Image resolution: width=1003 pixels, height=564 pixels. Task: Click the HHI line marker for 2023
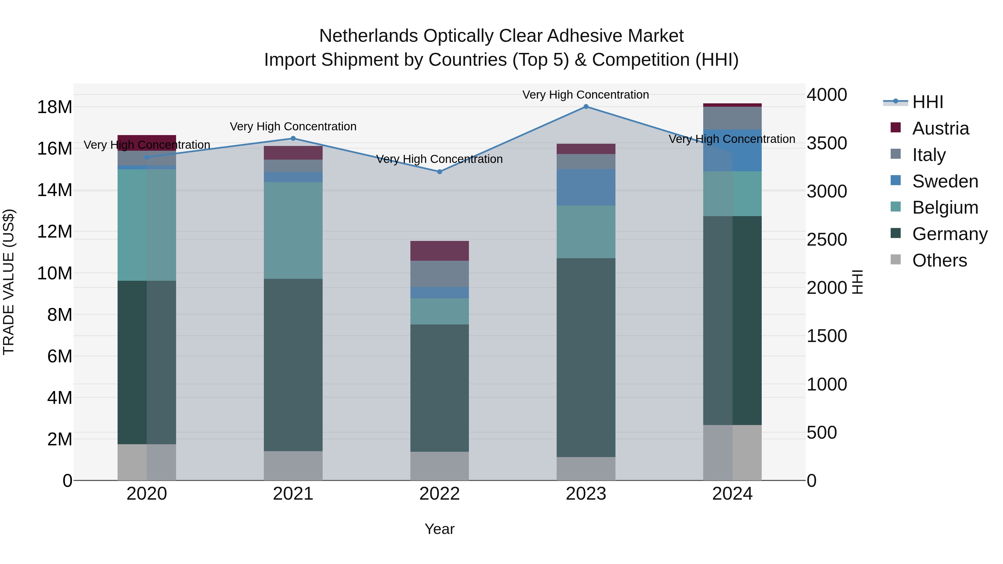(x=586, y=107)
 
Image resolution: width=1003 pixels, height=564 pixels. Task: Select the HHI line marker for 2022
(x=440, y=172)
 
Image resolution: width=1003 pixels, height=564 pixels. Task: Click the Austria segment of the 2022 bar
(x=440, y=251)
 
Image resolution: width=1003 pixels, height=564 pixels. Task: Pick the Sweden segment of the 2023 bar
(x=586, y=187)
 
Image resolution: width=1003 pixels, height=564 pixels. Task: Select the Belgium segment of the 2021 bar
(x=293, y=230)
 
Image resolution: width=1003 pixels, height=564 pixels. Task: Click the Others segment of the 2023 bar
(x=586, y=469)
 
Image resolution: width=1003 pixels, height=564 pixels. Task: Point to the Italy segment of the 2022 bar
(x=440, y=274)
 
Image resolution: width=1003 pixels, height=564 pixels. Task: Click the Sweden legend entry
(x=945, y=181)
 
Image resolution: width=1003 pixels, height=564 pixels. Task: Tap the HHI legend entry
(x=927, y=102)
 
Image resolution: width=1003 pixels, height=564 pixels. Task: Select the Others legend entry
(x=939, y=260)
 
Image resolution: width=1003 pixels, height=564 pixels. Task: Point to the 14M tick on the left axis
(x=55, y=190)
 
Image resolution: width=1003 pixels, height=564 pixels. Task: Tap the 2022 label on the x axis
(x=440, y=494)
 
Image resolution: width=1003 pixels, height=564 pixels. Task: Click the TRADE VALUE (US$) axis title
(x=9, y=282)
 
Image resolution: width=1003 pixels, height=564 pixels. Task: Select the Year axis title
(x=440, y=529)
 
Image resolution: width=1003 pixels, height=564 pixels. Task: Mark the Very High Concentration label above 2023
(x=586, y=95)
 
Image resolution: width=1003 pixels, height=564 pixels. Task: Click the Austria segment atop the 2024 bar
(x=732, y=105)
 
